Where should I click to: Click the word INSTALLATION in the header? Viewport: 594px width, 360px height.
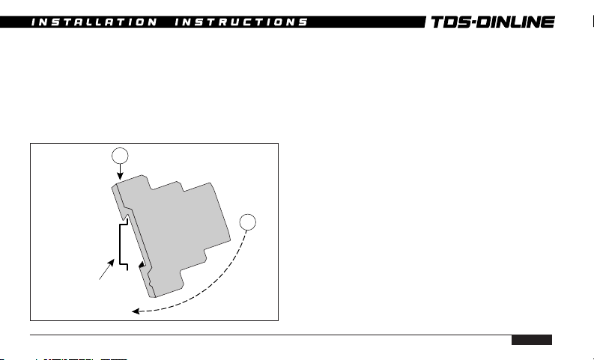(x=94, y=22)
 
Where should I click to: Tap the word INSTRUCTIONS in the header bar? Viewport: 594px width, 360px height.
(x=241, y=22)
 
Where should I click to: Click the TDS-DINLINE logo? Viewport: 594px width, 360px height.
(x=493, y=22)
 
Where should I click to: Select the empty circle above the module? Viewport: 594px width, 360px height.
(x=120, y=156)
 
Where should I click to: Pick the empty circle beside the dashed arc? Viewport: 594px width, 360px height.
(x=248, y=222)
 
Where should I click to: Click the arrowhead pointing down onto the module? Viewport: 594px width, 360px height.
(x=120, y=177)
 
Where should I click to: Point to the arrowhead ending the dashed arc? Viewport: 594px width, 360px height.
(x=136, y=311)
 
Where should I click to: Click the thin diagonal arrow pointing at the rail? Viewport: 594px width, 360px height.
(x=106, y=269)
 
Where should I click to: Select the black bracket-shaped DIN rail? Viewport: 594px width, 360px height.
(x=120, y=244)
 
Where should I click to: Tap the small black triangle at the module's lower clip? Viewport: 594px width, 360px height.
(x=142, y=265)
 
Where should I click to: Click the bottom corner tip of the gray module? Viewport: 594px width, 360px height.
(x=154, y=297)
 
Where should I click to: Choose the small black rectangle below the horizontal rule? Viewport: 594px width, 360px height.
(x=532, y=340)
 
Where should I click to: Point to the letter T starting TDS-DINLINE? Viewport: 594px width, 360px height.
(x=438, y=22)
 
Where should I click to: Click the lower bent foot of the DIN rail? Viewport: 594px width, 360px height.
(x=124, y=266)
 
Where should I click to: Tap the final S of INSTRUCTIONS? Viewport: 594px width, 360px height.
(x=303, y=22)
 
